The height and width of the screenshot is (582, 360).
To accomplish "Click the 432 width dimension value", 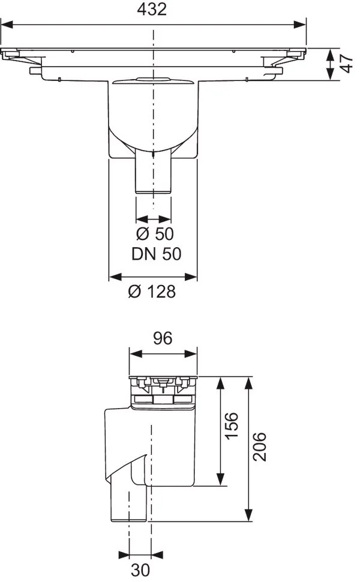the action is [x=152, y=9].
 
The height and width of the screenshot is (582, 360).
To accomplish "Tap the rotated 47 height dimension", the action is [x=346, y=64].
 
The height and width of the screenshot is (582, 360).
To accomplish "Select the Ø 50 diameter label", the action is [x=155, y=234].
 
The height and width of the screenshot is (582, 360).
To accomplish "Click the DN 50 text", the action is [x=156, y=254].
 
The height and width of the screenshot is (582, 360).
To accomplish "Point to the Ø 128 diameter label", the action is [x=152, y=292].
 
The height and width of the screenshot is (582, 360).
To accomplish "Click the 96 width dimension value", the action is [x=163, y=338].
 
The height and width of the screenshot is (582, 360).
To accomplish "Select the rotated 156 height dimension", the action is [x=232, y=426].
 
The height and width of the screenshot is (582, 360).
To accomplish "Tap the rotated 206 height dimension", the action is [x=259, y=447].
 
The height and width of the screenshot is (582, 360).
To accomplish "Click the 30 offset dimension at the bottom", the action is [x=140, y=570].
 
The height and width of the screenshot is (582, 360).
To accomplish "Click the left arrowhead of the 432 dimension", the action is [x=7, y=25].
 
